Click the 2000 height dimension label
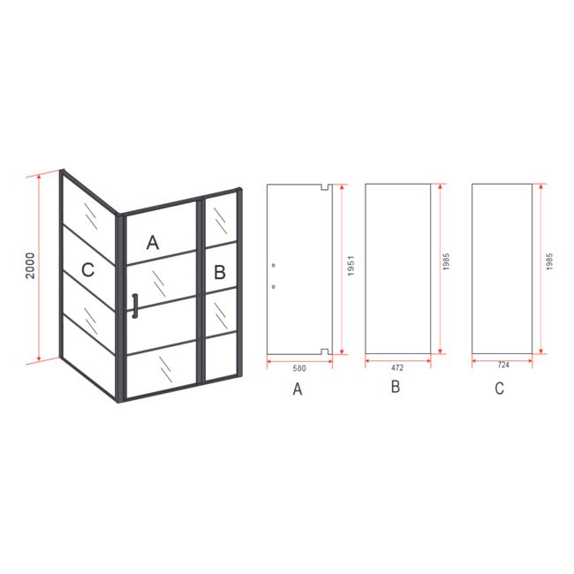tap(30, 266)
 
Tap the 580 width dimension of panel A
tap(299, 368)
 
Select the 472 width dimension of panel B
tap(397, 367)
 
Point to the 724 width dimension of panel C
tap(503, 365)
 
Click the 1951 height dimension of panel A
tap(351, 266)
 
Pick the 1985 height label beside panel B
tap(446, 261)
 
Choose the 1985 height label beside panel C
tap(549, 261)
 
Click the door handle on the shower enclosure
tap(135, 306)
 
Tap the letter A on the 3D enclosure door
tap(153, 242)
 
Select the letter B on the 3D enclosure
tap(220, 272)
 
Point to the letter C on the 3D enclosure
tap(87, 270)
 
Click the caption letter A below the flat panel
tap(298, 389)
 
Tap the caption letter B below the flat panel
tap(396, 387)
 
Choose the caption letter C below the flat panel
tap(499, 388)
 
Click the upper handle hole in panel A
tap(274, 265)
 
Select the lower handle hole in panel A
tap(274, 287)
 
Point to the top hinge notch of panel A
tap(324, 187)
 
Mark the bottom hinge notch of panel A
tap(324, 351)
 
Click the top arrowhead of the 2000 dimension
tap(39, 177)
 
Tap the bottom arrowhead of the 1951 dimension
tap(342, 351)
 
